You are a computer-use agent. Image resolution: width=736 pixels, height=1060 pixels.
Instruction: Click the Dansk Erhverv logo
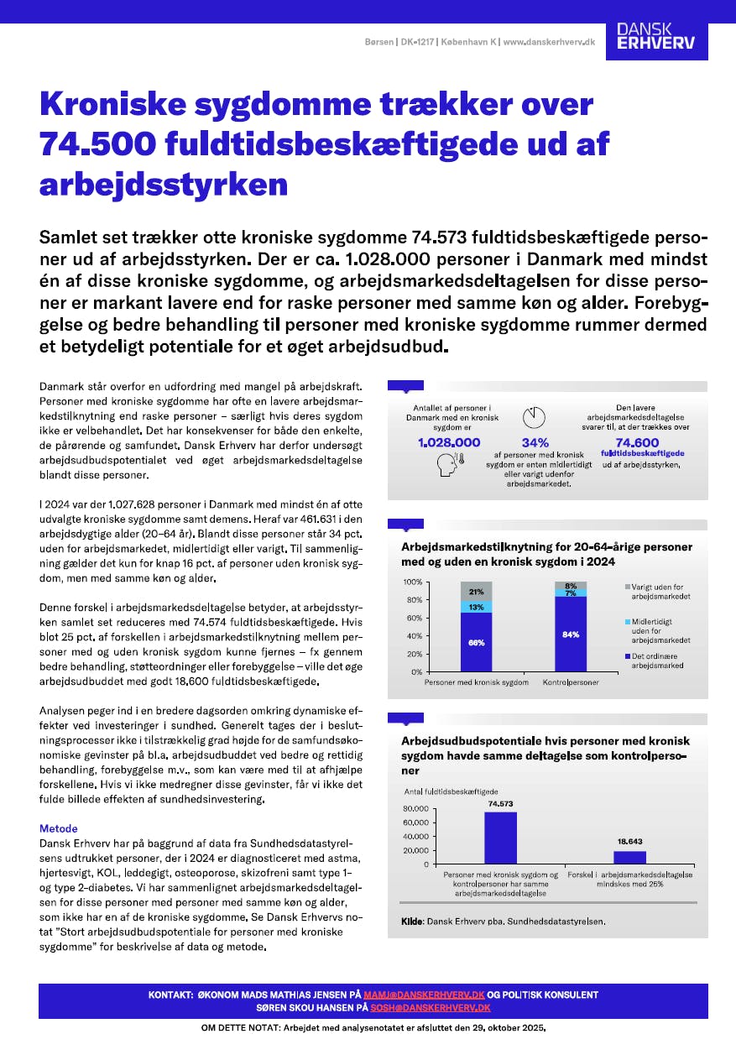[656, 36]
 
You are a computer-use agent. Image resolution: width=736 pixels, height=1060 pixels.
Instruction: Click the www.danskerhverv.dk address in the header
[549, 42]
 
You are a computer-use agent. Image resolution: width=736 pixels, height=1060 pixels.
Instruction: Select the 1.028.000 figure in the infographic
[449, 442]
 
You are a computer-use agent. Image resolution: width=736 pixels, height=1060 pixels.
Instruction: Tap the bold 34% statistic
[535, 442]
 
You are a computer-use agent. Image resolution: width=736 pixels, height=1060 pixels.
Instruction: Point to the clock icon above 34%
[535, 417]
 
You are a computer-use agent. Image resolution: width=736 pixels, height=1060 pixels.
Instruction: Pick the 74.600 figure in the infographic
[637, 442]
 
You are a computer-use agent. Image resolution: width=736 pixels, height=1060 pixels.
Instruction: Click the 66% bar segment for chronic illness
[477, 642]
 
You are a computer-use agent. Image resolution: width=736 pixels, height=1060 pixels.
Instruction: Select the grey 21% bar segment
[477, 591]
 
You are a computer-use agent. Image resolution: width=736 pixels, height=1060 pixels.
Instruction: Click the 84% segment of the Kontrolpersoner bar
[571, 634]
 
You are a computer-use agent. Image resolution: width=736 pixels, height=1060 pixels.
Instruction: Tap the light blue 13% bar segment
[477, 607]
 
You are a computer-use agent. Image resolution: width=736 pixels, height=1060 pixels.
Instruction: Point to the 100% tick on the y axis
[412, 582]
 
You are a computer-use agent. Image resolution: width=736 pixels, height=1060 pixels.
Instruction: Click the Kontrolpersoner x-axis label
[571, 683]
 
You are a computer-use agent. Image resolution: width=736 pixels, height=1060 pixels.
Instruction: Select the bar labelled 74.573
[500, 838]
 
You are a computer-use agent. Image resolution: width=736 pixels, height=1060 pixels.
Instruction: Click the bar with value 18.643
[629, 857]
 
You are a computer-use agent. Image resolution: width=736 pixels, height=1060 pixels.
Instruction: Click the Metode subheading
[59, 828]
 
